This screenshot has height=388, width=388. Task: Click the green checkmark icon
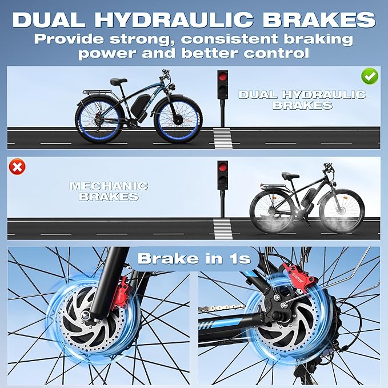[x=370, y=75]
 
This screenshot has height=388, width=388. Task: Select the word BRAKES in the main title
[x=319, y=19]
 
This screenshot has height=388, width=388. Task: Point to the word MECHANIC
[x=109, y=186]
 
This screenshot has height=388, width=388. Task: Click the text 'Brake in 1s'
[x=194, y=258]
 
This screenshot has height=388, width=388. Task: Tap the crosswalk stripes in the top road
[x=222, y=138]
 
